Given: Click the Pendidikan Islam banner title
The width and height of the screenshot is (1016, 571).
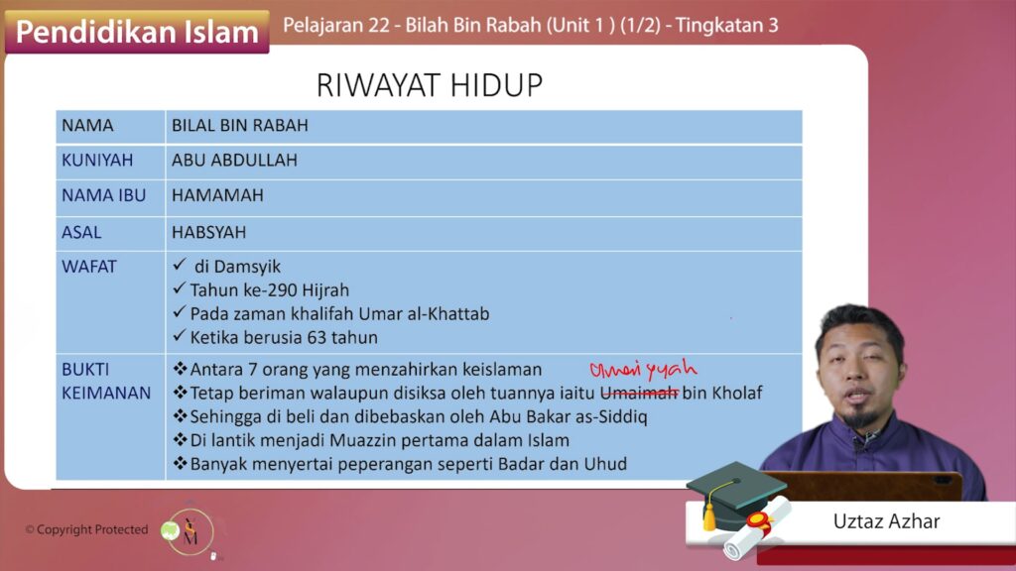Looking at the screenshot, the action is [137, 32].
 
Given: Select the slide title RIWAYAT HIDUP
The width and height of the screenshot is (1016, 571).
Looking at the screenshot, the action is [430, 85].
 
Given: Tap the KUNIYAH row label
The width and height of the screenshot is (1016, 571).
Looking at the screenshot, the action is [97, 160].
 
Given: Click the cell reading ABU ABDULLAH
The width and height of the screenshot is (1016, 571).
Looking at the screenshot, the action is [234, 160].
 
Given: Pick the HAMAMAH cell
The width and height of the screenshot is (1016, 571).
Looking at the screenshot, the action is [217, 195].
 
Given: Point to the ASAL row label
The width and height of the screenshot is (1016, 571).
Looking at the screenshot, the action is [81, 232].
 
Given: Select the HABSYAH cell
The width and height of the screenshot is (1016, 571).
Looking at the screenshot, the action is [208, 232].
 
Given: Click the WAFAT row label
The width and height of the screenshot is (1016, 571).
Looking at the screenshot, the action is [88, 266].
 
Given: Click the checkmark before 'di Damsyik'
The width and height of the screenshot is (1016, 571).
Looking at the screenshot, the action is [180, 264].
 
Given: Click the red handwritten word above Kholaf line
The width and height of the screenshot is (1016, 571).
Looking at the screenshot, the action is [643, 370].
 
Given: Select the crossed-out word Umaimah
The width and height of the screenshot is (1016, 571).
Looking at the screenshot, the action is [640, 393].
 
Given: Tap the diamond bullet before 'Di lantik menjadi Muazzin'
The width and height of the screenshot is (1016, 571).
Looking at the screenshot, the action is [181, 439].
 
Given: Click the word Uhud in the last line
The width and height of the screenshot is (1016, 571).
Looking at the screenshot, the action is [606, 464].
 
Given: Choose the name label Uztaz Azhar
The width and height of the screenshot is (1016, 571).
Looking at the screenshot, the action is [886, 521].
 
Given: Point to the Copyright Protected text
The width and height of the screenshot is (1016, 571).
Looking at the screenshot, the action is [87, 529].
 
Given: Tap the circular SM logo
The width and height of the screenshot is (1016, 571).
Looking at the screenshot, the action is [190, 532].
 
